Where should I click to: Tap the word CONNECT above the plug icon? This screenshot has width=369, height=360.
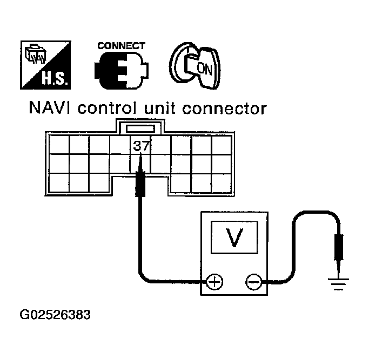coord(121,46)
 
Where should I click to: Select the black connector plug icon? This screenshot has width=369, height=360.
coord(122,70)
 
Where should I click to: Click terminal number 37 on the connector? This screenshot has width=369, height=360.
coord(141,145)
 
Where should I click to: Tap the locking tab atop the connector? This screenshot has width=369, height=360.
coord(140,128)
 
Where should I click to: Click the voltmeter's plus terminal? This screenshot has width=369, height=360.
coord(214,281)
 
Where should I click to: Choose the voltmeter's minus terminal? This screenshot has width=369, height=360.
coord(252,281)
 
